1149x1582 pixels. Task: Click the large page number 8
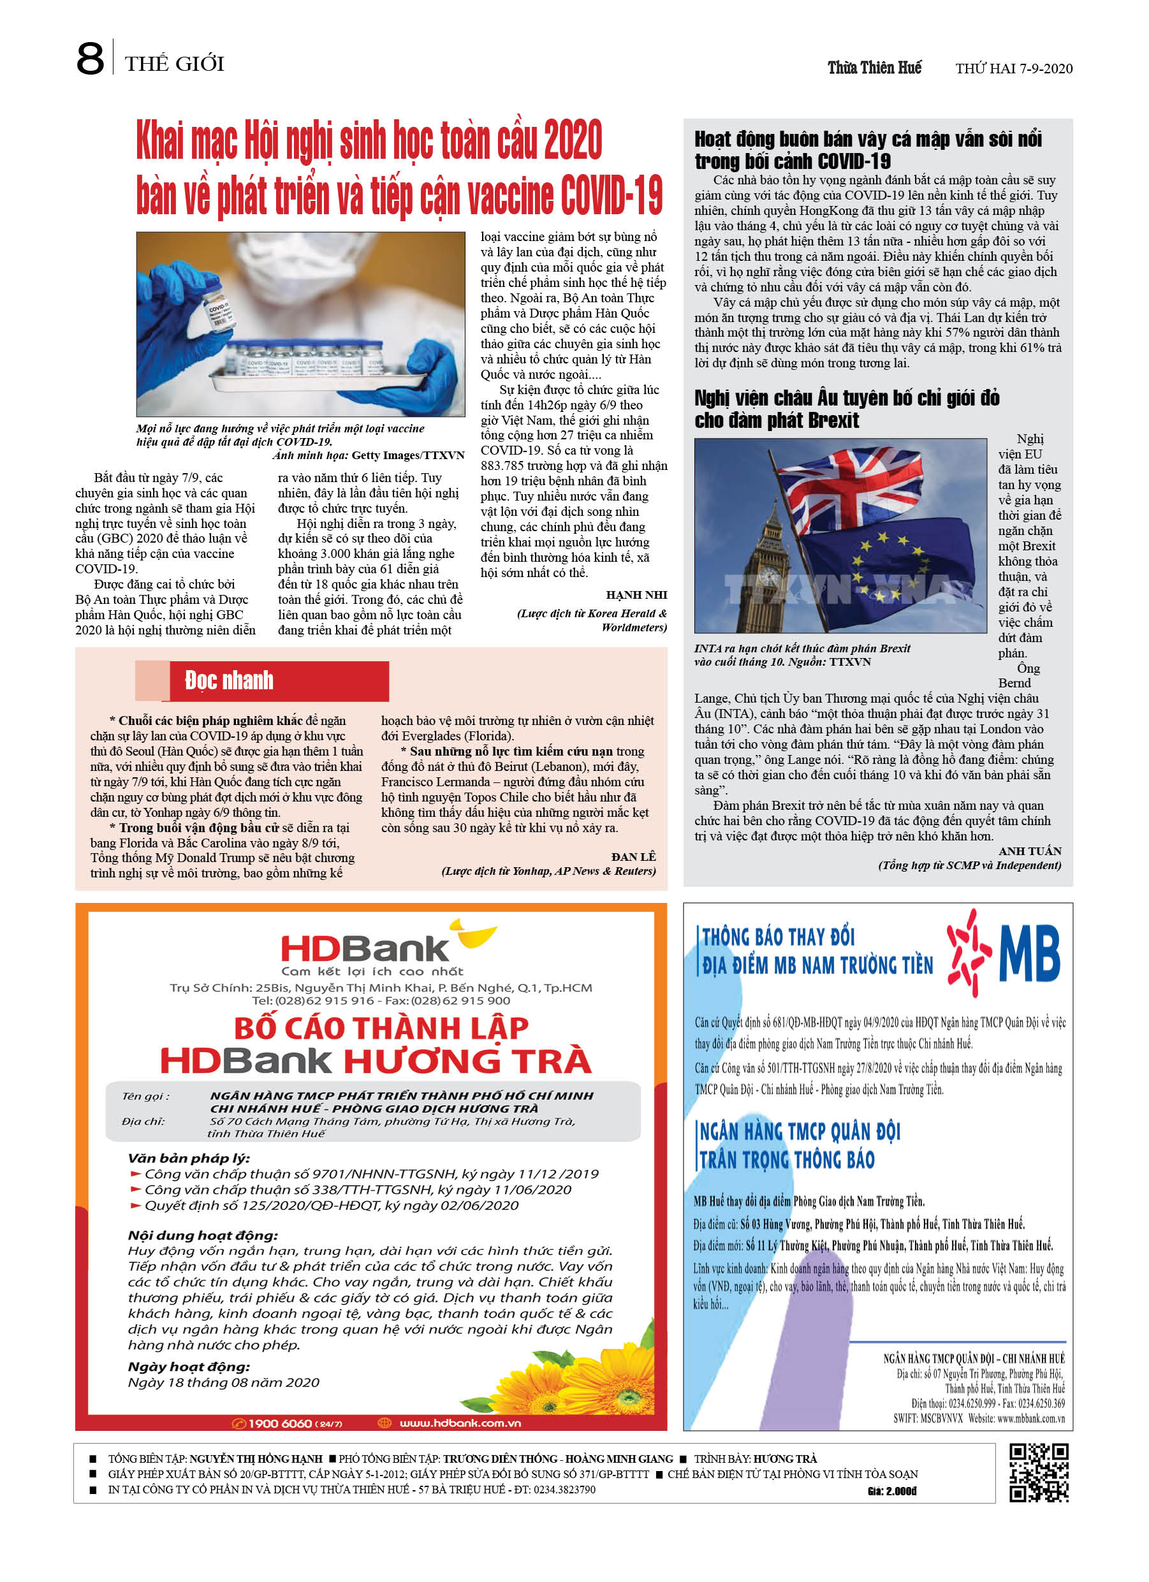point(90,59)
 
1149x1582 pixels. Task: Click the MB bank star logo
point(969,951)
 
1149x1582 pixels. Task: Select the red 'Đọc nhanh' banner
point(279,680)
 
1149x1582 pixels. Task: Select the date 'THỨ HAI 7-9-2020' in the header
point(1013,68)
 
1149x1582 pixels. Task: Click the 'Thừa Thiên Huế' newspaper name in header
point(874,68)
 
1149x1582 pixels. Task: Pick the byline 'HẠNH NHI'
point(636,595)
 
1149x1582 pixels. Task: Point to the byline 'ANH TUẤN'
point(1029,851)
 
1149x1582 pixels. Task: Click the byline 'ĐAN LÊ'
point(633,856)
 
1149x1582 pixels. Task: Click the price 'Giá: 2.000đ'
point(891,1491)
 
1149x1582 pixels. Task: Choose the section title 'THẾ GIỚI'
point(175,64)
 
